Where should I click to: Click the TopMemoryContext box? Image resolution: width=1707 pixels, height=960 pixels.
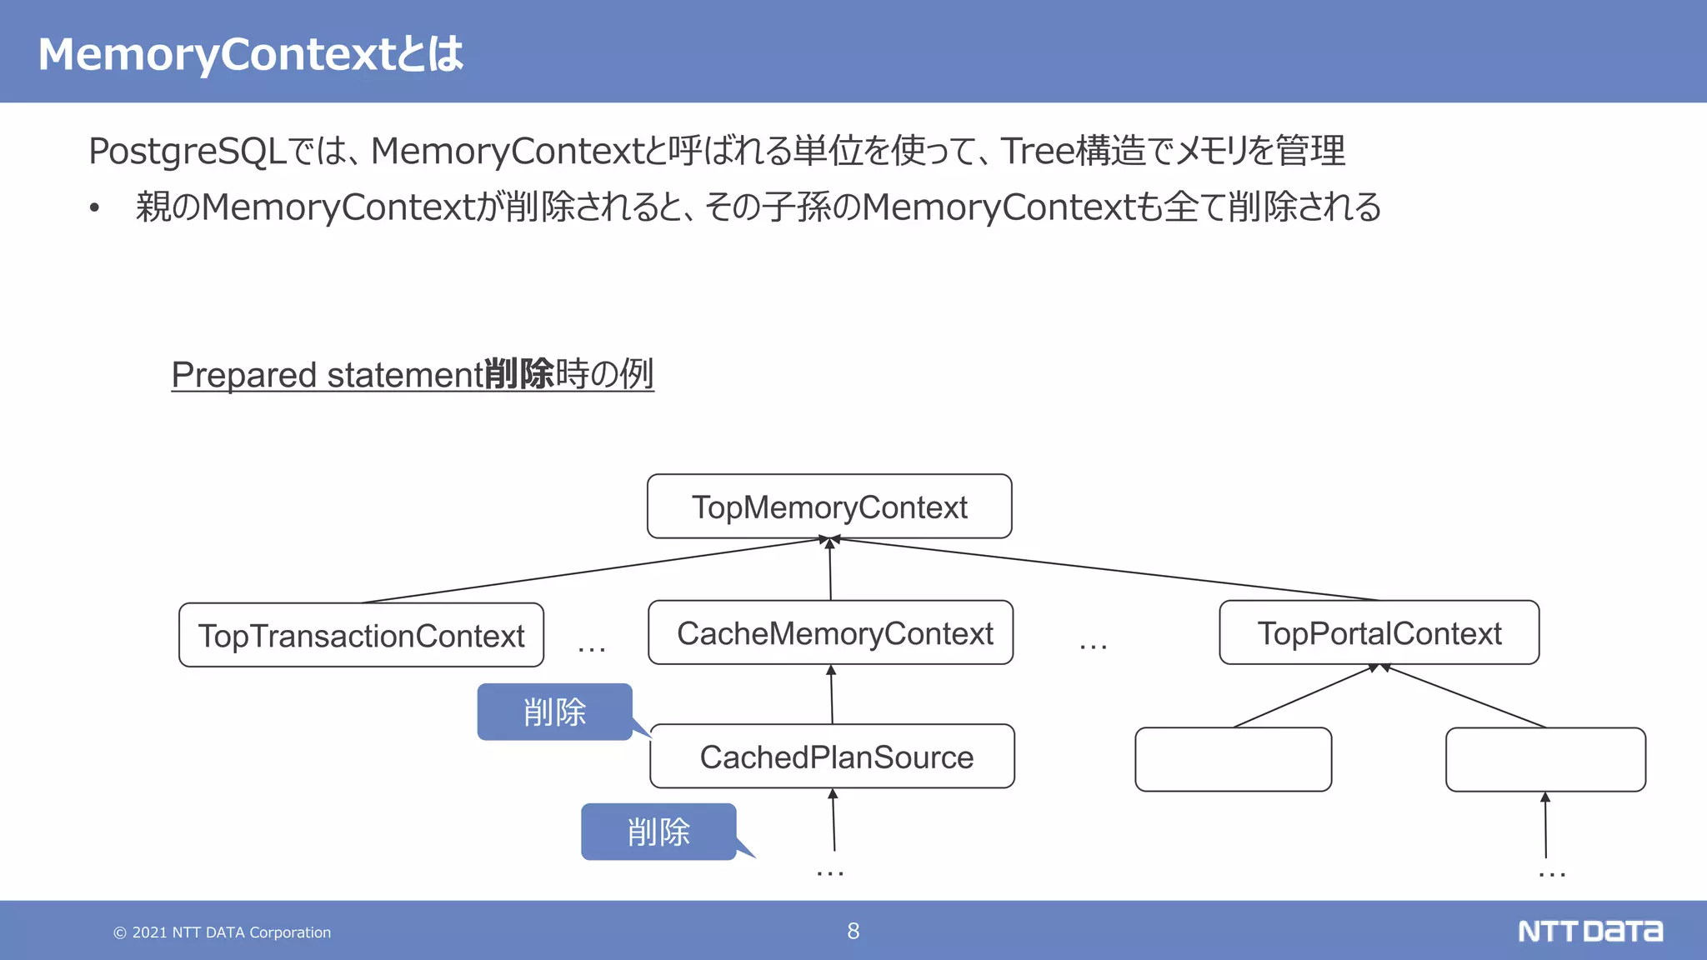click(829, 507)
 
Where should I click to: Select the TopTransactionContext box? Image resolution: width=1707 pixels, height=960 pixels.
click(361, 636)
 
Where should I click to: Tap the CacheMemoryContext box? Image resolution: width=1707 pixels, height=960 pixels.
click(831, 633)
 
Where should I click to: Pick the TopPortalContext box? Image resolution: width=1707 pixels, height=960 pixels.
click(1379, 633)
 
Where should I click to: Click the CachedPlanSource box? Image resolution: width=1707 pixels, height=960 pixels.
click(832, 757)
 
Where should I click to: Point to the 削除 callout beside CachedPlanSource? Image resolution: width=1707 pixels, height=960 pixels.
click(554, 712)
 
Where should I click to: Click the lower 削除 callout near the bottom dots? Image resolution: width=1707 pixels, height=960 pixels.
click(658, 832)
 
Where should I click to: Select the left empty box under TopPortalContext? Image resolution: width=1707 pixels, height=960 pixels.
click(1233, 759)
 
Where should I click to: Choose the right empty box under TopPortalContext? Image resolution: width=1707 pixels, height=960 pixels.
click(1545, 759)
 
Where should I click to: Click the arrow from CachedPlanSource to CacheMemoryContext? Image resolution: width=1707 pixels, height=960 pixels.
click(832, 696)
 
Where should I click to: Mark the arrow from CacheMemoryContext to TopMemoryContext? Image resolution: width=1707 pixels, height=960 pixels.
click(830, 571)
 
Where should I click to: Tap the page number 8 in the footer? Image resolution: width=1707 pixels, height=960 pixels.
click(853, 931)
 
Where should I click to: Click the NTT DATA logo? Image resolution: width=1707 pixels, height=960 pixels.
click(1589, 931)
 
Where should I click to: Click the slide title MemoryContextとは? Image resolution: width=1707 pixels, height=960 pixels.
click(250, 54)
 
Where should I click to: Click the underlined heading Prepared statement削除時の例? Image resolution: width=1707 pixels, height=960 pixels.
click(412, 374)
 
